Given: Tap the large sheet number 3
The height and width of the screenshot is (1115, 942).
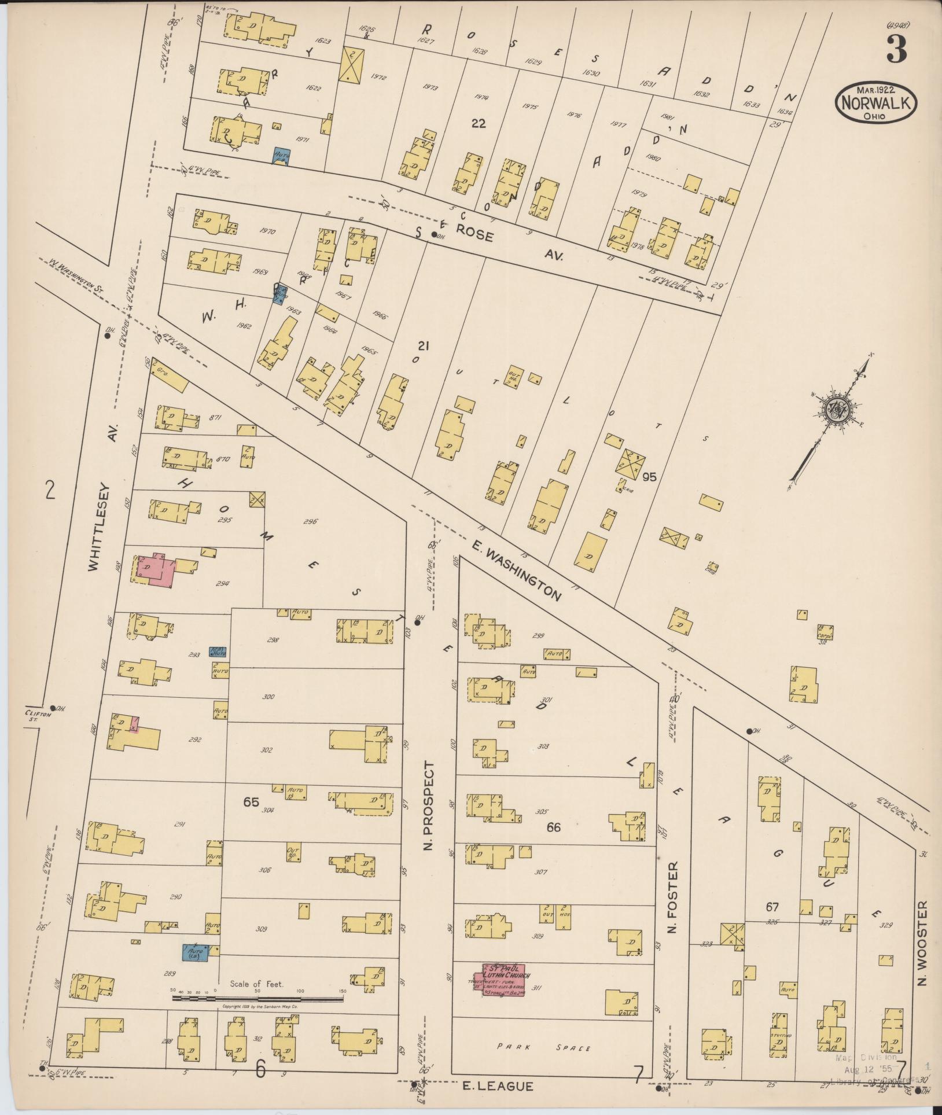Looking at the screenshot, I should (896, 50).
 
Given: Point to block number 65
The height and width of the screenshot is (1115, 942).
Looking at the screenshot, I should (251, 802).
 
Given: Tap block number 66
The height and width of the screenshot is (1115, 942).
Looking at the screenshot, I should (554, 827).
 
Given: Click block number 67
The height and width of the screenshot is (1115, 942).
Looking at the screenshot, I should (772, 907).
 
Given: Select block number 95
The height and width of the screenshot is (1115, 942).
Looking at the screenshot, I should (649, 477).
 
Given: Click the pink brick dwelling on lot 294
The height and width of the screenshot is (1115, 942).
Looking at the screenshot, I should (161, 571).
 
